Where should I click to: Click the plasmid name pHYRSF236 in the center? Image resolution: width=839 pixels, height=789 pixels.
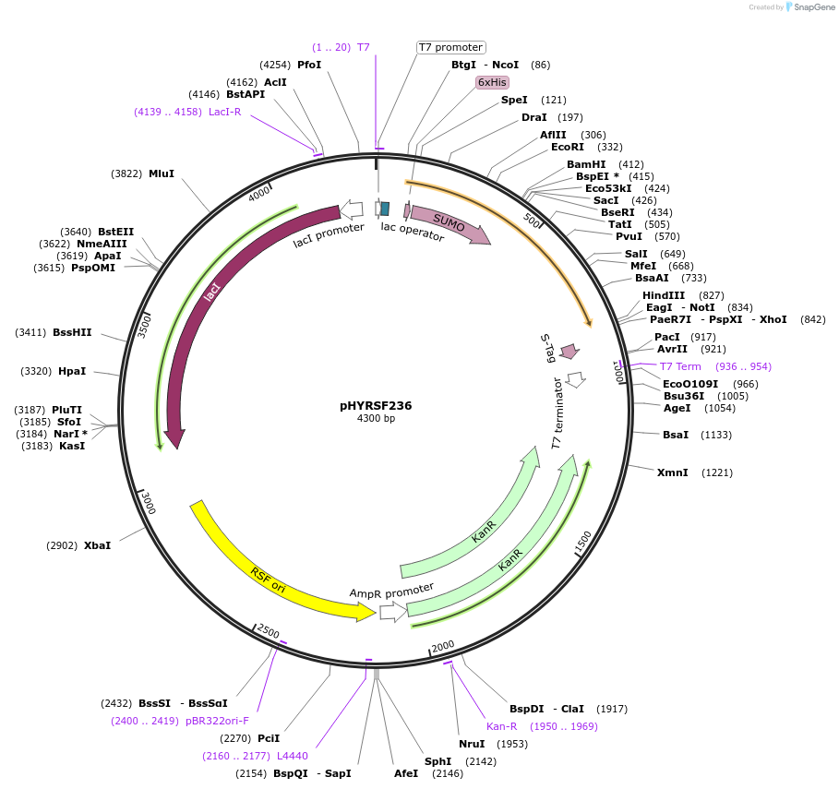376,405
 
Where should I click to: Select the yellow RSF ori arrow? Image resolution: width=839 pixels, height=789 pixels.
277,568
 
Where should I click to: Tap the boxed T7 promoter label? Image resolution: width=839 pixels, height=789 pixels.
450,47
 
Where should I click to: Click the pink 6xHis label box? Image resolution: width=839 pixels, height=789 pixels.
492,82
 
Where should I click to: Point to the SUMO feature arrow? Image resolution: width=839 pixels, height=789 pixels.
450,224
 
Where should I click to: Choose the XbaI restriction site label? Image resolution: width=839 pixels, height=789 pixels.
97,545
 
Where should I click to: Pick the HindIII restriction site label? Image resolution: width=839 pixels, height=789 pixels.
664,295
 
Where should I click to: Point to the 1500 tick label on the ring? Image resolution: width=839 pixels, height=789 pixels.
583,542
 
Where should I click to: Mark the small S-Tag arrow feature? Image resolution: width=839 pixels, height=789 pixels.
569,352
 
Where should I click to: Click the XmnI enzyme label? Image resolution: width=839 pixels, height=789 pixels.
672,472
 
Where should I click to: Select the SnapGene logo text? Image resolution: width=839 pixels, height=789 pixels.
812,6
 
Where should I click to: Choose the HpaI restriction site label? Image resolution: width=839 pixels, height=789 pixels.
71,371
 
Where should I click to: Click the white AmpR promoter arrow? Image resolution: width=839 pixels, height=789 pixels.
393,611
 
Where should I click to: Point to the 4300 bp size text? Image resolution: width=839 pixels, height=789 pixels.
376,418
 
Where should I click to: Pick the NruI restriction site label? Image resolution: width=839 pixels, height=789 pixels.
472,744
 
